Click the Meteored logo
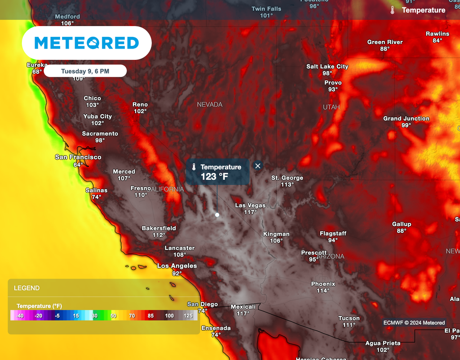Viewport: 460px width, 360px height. coord(87,43)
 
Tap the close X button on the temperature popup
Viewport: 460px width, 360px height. coord(257,166)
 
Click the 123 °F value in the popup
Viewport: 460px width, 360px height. coord(214,177)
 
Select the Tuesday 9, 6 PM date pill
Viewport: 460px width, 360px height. coord(85,71)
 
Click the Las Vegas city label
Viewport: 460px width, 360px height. coord(250,205)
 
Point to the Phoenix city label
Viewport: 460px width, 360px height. coord(323,284)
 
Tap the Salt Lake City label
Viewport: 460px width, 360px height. coord(327,67)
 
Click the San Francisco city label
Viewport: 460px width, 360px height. coord(78,157)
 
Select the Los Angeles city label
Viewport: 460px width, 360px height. coord(177,266)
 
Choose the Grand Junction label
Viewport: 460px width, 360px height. coord(406,119)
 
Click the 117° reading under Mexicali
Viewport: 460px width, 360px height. coord(243,314)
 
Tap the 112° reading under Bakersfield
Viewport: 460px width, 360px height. coord(159,235)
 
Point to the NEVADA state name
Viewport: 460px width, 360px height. coord(210,104)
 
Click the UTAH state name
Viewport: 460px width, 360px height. coord(331,107)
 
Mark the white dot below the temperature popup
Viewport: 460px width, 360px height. coord(217,215)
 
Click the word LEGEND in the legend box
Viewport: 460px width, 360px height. coord(27,288)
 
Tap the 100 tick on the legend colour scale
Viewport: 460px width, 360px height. coord(169,316)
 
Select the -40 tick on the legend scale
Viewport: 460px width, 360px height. coord(20,316)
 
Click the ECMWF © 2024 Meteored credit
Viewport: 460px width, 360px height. coord(414,323)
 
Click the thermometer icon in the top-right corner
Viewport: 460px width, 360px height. coord(392,10)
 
